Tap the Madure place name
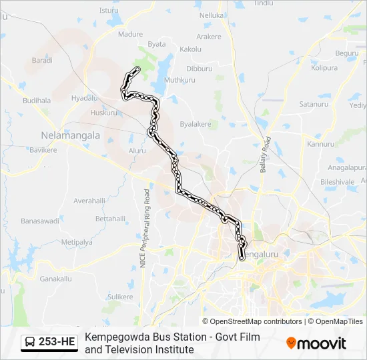coord(130,34)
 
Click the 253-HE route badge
coord(49,343)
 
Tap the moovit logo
coord(316,343)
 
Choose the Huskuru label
coord(103,113)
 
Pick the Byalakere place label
coord(196,124)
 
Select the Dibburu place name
coord(199,69)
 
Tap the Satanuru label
coord(314,105)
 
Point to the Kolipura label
coord(324,67)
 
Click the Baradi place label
coord(42,60)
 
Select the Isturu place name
coord(109,10)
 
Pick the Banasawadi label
coord(41,221)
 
